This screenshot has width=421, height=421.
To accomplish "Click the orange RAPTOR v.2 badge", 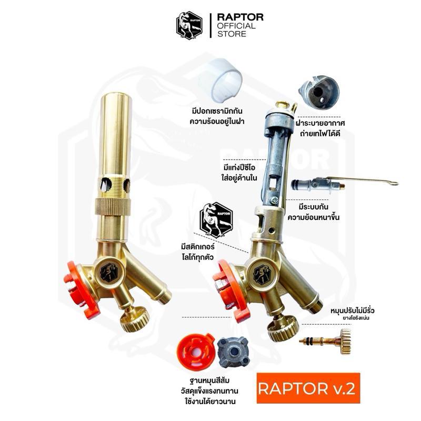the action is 308,388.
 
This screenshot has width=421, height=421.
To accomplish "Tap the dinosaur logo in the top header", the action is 189,25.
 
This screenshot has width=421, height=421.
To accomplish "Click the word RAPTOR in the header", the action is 240,17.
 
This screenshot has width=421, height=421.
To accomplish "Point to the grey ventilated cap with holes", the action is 319,92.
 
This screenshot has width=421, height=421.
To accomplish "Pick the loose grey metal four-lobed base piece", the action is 233,353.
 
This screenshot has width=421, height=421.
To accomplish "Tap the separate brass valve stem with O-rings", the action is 325,341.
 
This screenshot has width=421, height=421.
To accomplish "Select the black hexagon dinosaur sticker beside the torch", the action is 216,219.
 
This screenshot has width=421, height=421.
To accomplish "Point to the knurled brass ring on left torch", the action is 113,206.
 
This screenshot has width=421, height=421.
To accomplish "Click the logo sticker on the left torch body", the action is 108,272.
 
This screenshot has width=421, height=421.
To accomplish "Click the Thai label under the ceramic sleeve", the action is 217,116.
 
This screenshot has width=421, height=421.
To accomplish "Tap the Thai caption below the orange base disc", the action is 209,391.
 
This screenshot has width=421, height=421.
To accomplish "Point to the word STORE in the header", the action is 232,34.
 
